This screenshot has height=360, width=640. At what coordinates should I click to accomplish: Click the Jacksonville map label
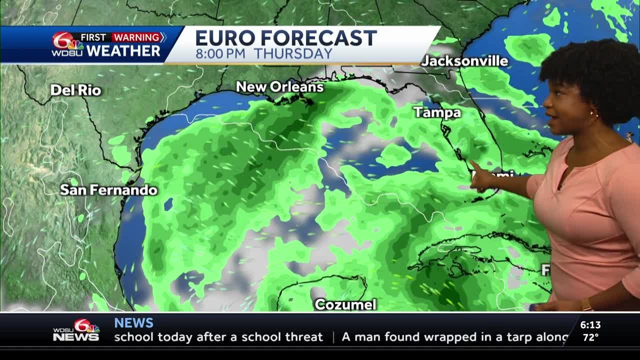tap(464, 61)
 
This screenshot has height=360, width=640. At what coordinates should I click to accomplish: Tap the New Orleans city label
tap(279, 87)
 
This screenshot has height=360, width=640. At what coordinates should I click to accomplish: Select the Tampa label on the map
tap(437, 112)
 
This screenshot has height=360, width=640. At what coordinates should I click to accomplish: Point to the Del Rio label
tap(76, 90)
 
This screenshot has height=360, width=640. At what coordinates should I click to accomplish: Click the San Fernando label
tap(108, 190)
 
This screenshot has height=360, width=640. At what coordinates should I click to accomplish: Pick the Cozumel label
tap(345, 304)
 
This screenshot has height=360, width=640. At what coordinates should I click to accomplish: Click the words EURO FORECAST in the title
tap(285, 38)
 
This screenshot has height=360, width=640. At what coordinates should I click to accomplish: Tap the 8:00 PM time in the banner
tap(221, 54)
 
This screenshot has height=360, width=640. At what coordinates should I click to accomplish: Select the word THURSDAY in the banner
tap(293, 54)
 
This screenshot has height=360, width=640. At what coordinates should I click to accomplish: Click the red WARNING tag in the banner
tap(136, 37)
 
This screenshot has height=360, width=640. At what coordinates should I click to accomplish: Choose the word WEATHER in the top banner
tap(123, 51)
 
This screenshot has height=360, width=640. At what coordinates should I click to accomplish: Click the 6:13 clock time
tap(590, 325)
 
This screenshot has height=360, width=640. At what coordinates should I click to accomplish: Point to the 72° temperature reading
tap(590, 337)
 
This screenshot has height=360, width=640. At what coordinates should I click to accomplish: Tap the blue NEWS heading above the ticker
tap(133, 322)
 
